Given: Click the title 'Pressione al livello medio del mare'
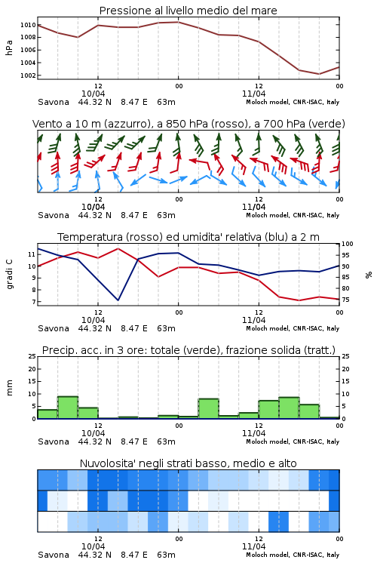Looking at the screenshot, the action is click(x=188, y=11).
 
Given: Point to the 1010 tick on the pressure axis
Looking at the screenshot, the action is click(x=28, y=25).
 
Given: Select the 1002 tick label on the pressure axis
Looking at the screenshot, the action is click(x=28, y=75).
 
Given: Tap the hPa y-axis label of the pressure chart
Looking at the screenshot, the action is click(x=9, y=48).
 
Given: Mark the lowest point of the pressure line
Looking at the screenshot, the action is click(x=319, y=74).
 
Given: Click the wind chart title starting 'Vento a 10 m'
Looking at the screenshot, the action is click(x=188, y=124).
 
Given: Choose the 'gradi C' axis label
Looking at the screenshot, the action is click(x=10, y=275).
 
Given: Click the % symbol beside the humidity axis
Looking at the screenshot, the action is click(x=369, y=275).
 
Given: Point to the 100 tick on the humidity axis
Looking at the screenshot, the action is click(x=347, y=244).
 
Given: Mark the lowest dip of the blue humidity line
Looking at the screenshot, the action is click(x=118, y=300).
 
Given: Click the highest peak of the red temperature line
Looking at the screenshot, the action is click(x=118, y=248).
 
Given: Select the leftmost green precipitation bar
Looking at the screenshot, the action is click(x=48, y=414).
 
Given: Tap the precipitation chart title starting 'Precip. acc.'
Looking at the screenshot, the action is click(x=188, y=350).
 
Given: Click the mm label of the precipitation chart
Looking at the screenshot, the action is click(x=9, y=388).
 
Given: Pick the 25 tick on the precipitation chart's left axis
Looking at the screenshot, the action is click(x=32, y=356).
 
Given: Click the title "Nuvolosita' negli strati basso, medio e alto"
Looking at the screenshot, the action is click(x=188, y=463).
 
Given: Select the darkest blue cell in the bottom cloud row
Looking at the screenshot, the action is click(x=278, y=521).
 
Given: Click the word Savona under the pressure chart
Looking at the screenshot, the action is click(x=54, y=102).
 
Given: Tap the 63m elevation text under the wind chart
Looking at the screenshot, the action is click(x=166, y=215).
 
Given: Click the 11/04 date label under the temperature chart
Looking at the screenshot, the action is click(x=253, y=320).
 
